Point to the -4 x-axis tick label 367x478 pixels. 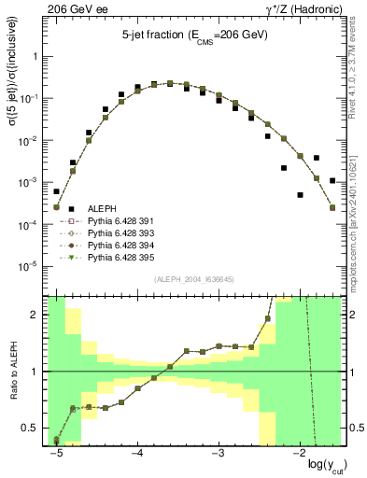(136, 454)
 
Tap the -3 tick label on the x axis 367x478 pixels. (218, 454)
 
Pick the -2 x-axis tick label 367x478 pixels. (299, 454)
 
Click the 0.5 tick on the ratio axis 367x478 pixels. (34, 429)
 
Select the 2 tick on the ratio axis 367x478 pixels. (38, 315)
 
